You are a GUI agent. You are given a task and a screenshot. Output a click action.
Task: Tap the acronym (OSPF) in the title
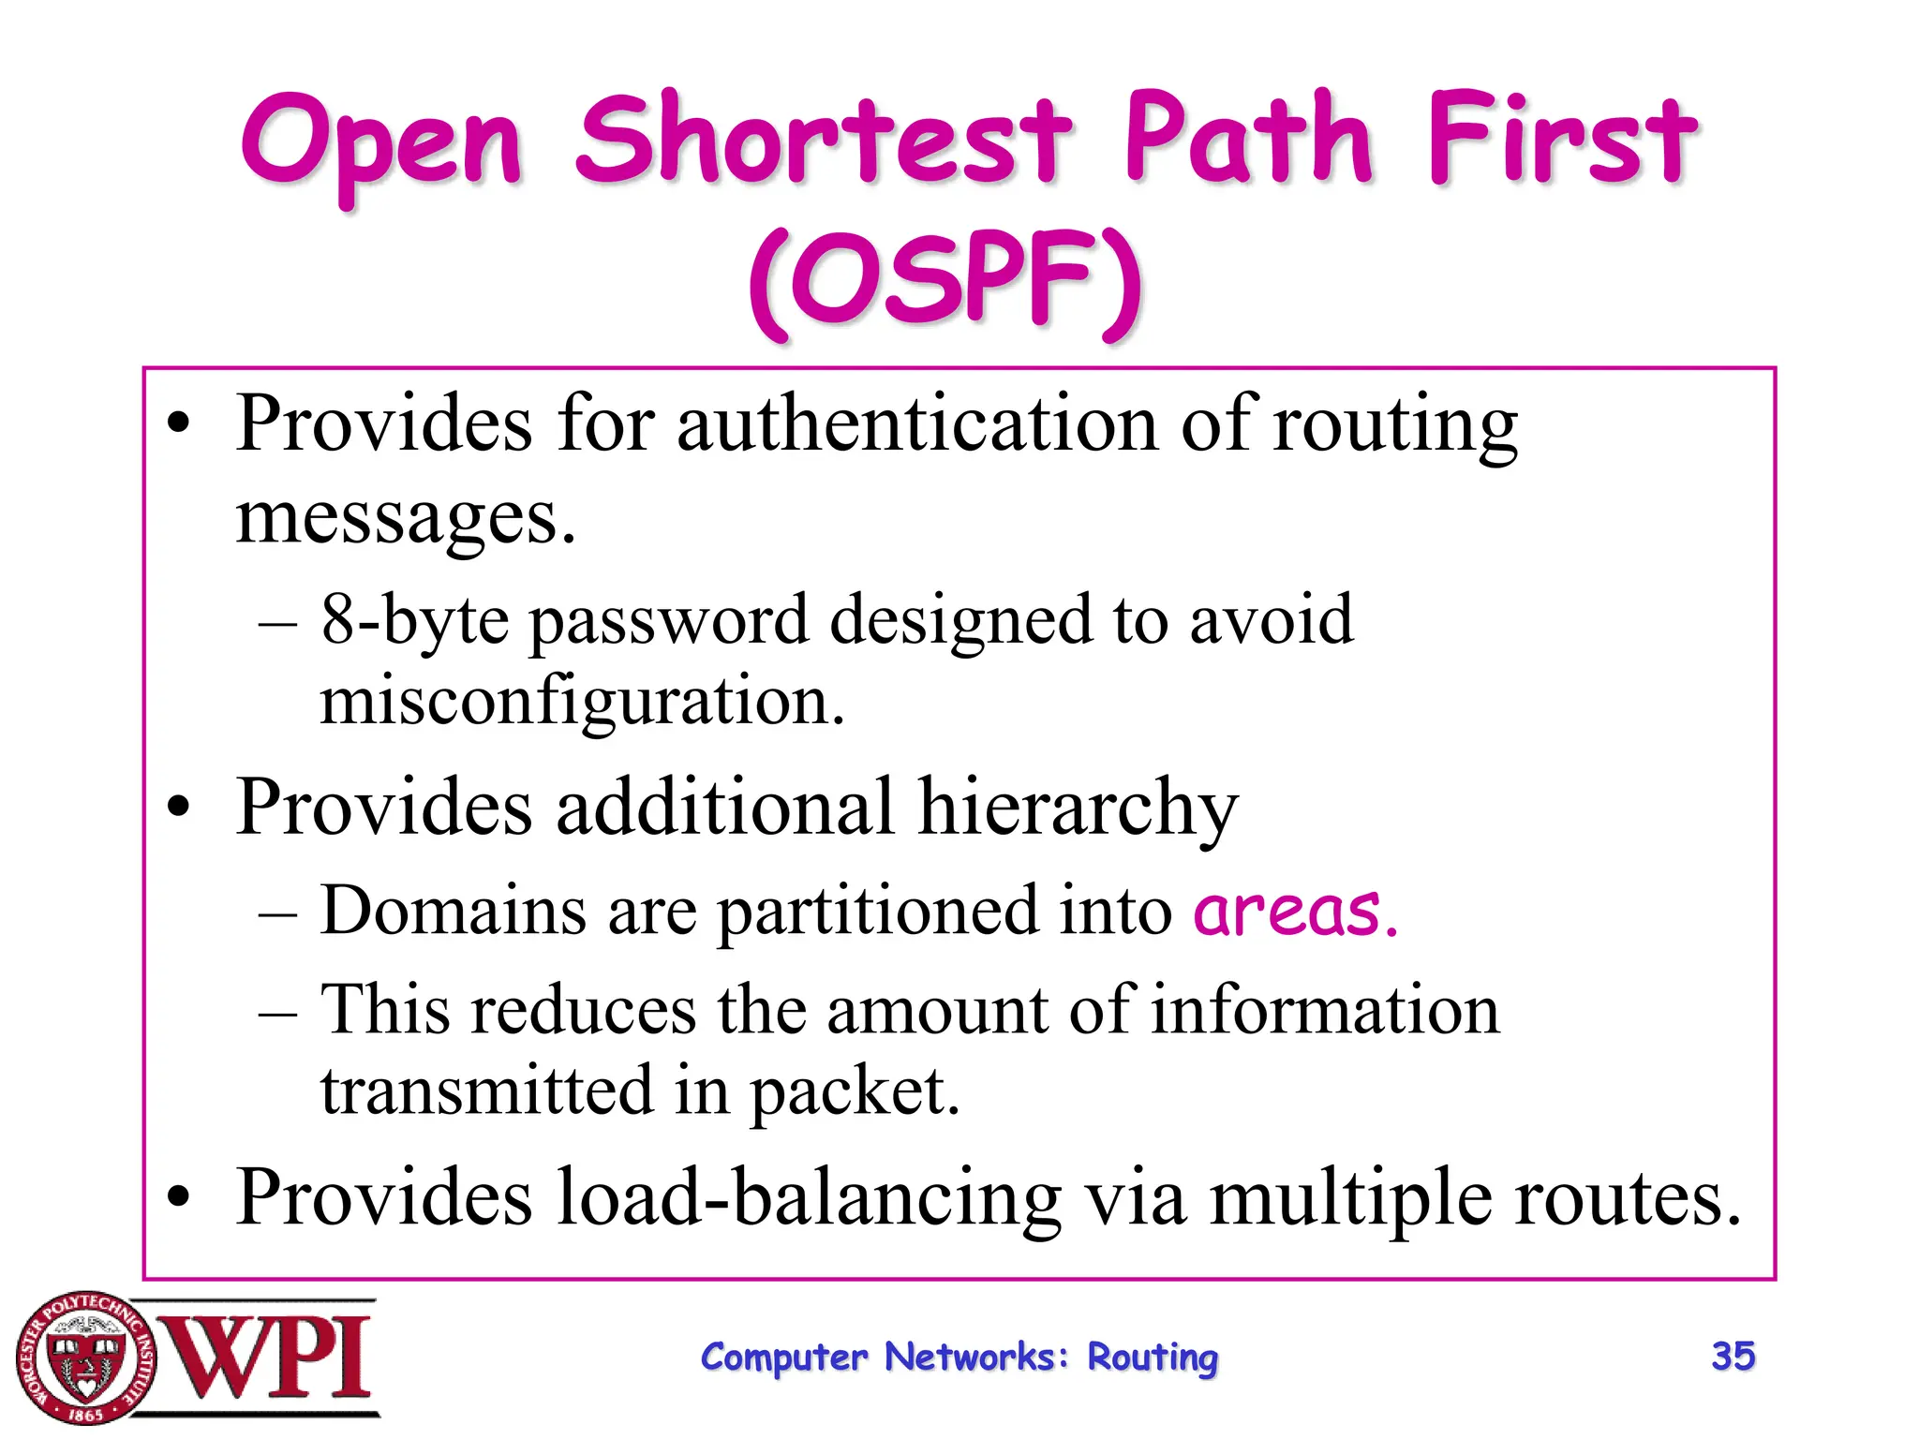pyautogui.click(x=946, y=281)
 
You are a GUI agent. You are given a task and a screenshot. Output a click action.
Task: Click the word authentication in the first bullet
pyautogui.click(x=917, y=424)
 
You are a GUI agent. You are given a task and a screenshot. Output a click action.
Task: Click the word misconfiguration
pyautogui.click(x=581, y=701)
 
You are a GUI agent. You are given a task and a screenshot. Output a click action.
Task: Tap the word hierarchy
pyautogui.click(x=1078, y=808)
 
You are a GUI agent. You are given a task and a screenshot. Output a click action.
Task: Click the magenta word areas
pyautogui.click(x=1295, y=911)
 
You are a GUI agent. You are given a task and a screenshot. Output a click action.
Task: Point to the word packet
pyautogui.click(x=855, y=1092)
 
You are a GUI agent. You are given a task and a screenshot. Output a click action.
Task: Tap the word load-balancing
pyautogui.click(x=808, y=1198)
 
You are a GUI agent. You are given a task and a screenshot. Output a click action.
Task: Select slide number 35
pyautogui.click(x=1733, y=1356)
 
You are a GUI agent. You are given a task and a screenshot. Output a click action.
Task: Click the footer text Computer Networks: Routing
pyautogui.click(x=959, y=1357)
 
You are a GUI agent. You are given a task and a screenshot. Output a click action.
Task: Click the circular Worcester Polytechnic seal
pyautogui.click(x=85, y=1357)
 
